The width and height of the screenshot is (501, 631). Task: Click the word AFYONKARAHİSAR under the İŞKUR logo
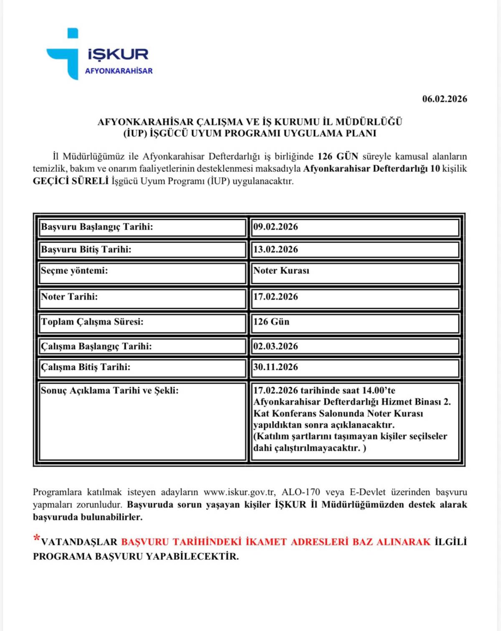119,71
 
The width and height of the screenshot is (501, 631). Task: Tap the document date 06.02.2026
444,99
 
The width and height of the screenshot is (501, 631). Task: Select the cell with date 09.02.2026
276,227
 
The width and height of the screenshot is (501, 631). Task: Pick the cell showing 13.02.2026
276,249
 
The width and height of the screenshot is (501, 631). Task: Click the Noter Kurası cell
281,271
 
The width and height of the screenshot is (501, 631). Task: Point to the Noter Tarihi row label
69,297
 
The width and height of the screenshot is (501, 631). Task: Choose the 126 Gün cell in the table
271,322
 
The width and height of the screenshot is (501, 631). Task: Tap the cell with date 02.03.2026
276,346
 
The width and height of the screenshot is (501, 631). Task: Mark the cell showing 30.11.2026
276,367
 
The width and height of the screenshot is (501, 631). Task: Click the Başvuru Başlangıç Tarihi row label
97,227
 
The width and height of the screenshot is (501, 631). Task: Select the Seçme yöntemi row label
74,271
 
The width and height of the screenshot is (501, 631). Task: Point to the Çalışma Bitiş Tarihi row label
86,367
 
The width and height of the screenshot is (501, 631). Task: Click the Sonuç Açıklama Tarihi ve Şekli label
109,390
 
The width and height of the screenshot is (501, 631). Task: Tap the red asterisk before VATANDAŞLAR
37,539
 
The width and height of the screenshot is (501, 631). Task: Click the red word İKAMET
266,542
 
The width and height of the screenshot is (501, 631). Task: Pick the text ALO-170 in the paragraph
301,492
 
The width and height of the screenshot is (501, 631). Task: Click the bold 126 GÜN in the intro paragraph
338,157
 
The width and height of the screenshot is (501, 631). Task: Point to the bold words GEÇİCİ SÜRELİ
71,181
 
